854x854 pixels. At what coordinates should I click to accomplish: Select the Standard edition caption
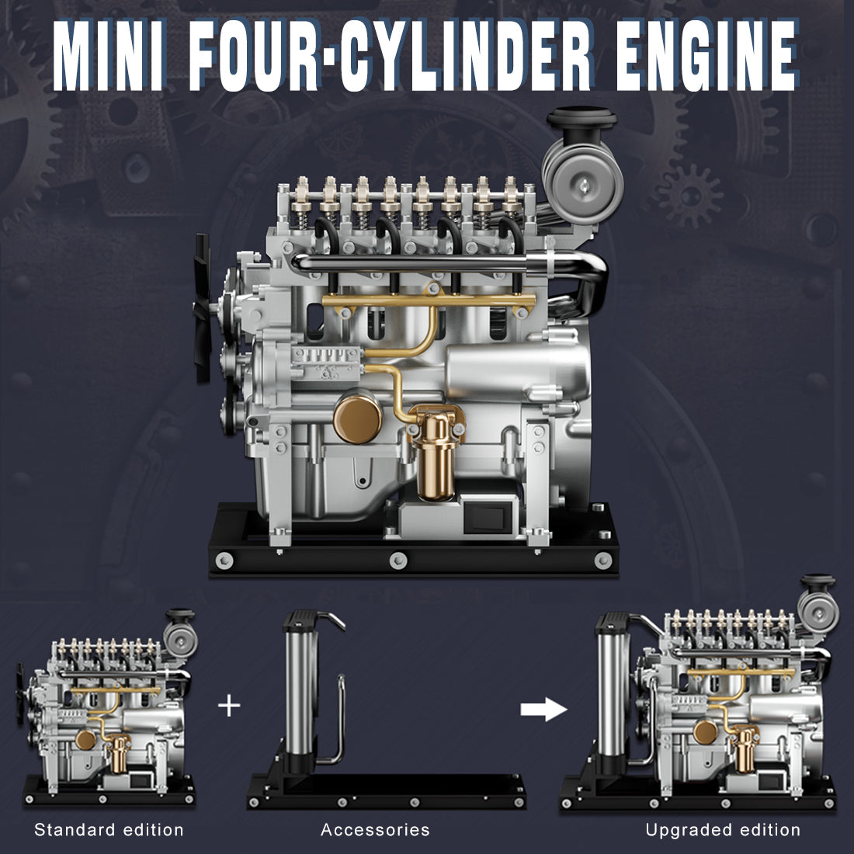[x=109, y=830]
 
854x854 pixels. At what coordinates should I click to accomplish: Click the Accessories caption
[x=375, y=830]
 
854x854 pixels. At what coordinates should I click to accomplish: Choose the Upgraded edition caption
[x=723, y=830]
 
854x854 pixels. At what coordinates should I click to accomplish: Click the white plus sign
[x=229, y=706]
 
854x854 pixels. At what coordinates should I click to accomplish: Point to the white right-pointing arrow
[x=543, y=708]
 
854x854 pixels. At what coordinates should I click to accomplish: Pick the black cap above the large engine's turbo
[x=581, y=124]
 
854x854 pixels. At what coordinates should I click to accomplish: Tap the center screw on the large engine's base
[x=397, y=558]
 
